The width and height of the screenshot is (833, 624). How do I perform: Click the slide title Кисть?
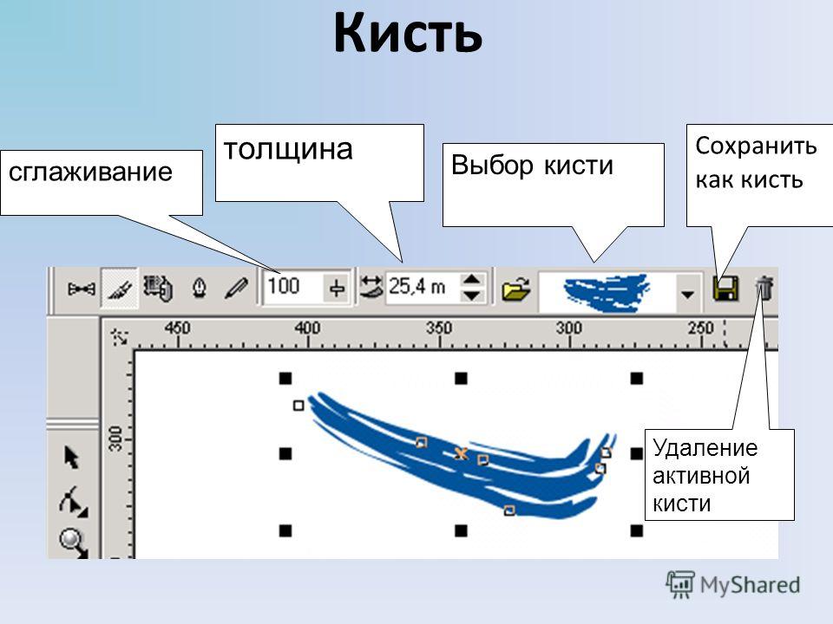click(408, 33)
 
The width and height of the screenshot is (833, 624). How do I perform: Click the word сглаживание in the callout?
click(91, 172)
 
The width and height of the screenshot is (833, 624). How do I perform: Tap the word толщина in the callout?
click(288, 149)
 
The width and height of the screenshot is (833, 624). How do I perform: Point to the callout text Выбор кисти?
click(532, 165)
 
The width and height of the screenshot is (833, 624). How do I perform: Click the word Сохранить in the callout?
click(756, 146)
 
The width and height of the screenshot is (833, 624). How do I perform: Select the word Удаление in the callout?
click(705, 448)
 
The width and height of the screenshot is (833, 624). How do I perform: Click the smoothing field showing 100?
click(292, 287)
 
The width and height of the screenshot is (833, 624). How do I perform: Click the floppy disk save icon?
click(725, 289)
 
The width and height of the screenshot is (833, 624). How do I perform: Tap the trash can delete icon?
click(764, 288)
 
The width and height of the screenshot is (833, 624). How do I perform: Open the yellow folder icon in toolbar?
click(515, 289)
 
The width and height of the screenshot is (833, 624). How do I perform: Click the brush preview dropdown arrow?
click(687, 294)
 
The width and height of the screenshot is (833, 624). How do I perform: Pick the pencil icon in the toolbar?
click(235, 288)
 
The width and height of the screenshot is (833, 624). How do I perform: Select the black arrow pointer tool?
click(71, 457)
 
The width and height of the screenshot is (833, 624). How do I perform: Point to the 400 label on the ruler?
click(307, 328)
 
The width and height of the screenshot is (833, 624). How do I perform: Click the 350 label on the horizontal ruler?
click(439, 328)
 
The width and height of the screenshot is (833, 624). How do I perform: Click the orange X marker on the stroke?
click(461, 453)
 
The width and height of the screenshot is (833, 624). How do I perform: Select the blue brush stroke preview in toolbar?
click(607, 292)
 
